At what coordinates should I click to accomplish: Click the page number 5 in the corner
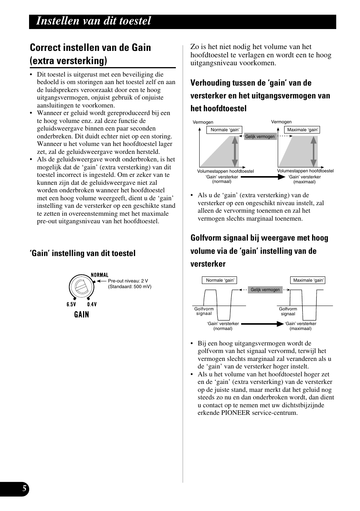[24, 489]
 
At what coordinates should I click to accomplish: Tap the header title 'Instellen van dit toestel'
[94, 21]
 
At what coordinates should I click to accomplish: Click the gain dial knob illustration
[82, 288]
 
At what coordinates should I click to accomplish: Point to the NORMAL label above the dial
[100, 275]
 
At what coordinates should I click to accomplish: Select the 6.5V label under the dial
[71, 304]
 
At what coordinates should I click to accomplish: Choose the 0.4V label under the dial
[92, 304]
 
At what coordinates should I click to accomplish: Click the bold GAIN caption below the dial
[82, 315]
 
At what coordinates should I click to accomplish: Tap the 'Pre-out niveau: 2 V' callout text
[128, 281]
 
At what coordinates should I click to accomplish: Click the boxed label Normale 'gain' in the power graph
[225, 130]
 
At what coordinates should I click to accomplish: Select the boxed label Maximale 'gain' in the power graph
[302, 130]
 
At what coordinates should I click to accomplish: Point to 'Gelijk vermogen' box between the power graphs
[260, 137]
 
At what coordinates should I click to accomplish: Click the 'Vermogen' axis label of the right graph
[282, 122]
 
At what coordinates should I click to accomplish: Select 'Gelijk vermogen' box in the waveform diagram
[265, 290]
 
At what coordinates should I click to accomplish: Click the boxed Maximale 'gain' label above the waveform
[308, 280]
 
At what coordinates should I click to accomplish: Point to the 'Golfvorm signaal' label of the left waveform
[204, 311]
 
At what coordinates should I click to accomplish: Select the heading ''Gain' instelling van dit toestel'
[83, 253]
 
